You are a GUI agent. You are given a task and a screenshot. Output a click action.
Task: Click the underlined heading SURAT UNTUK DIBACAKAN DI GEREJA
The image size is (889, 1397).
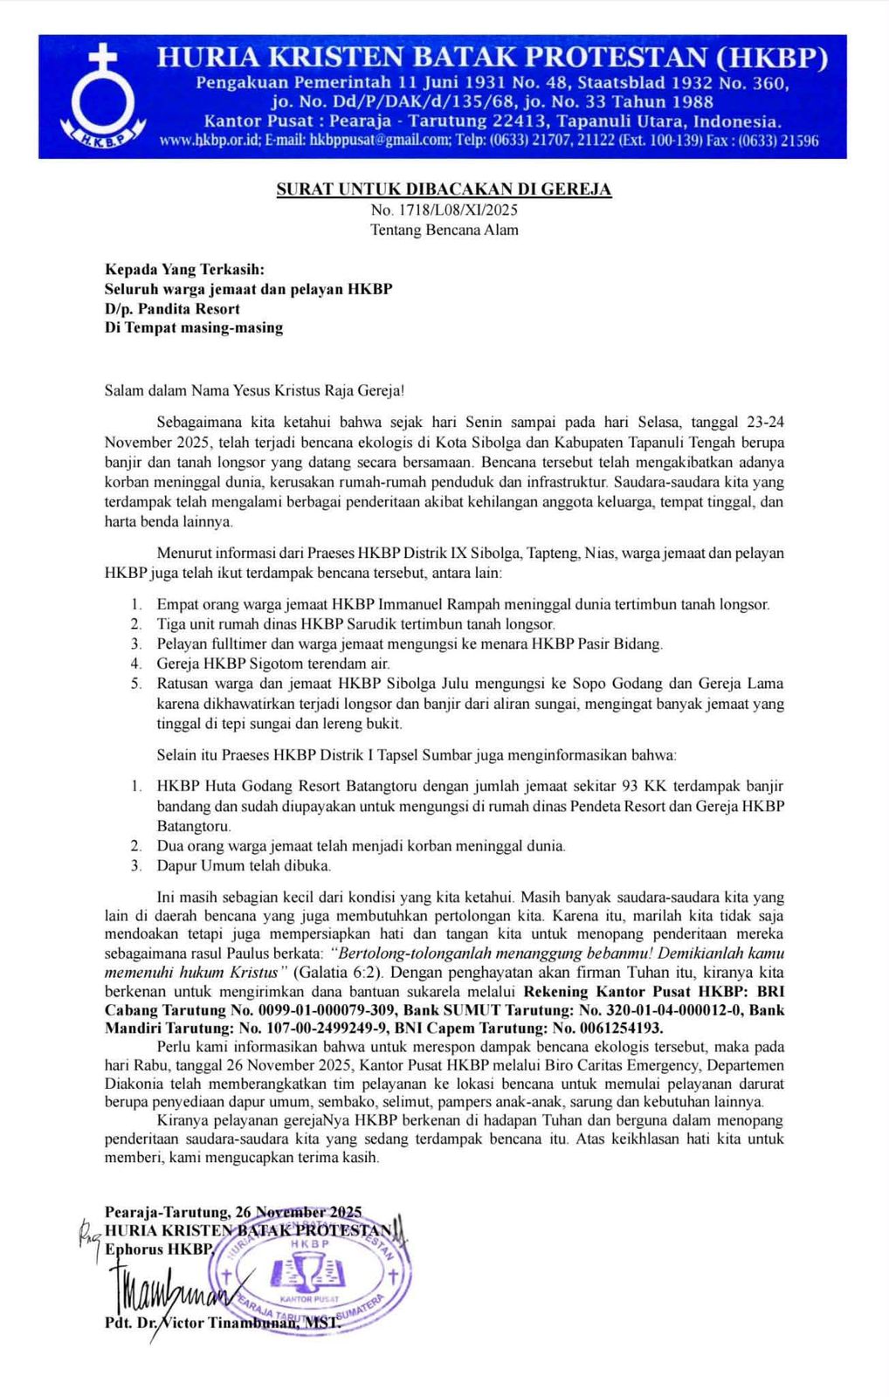444,189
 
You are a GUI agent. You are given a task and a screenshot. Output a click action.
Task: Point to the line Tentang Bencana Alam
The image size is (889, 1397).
444,231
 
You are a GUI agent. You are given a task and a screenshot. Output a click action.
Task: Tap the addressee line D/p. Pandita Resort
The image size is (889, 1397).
172,308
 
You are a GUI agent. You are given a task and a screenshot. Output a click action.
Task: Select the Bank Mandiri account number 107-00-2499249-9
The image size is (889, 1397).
320,1028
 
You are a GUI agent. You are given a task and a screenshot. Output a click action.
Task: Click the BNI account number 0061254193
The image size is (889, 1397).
610,1028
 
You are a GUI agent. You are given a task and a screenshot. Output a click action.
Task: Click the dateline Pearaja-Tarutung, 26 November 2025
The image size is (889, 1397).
233,1212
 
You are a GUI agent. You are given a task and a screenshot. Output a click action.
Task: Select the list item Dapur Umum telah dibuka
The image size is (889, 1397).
244,866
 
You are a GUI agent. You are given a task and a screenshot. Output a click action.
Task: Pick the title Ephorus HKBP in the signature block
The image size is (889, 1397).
158,1249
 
